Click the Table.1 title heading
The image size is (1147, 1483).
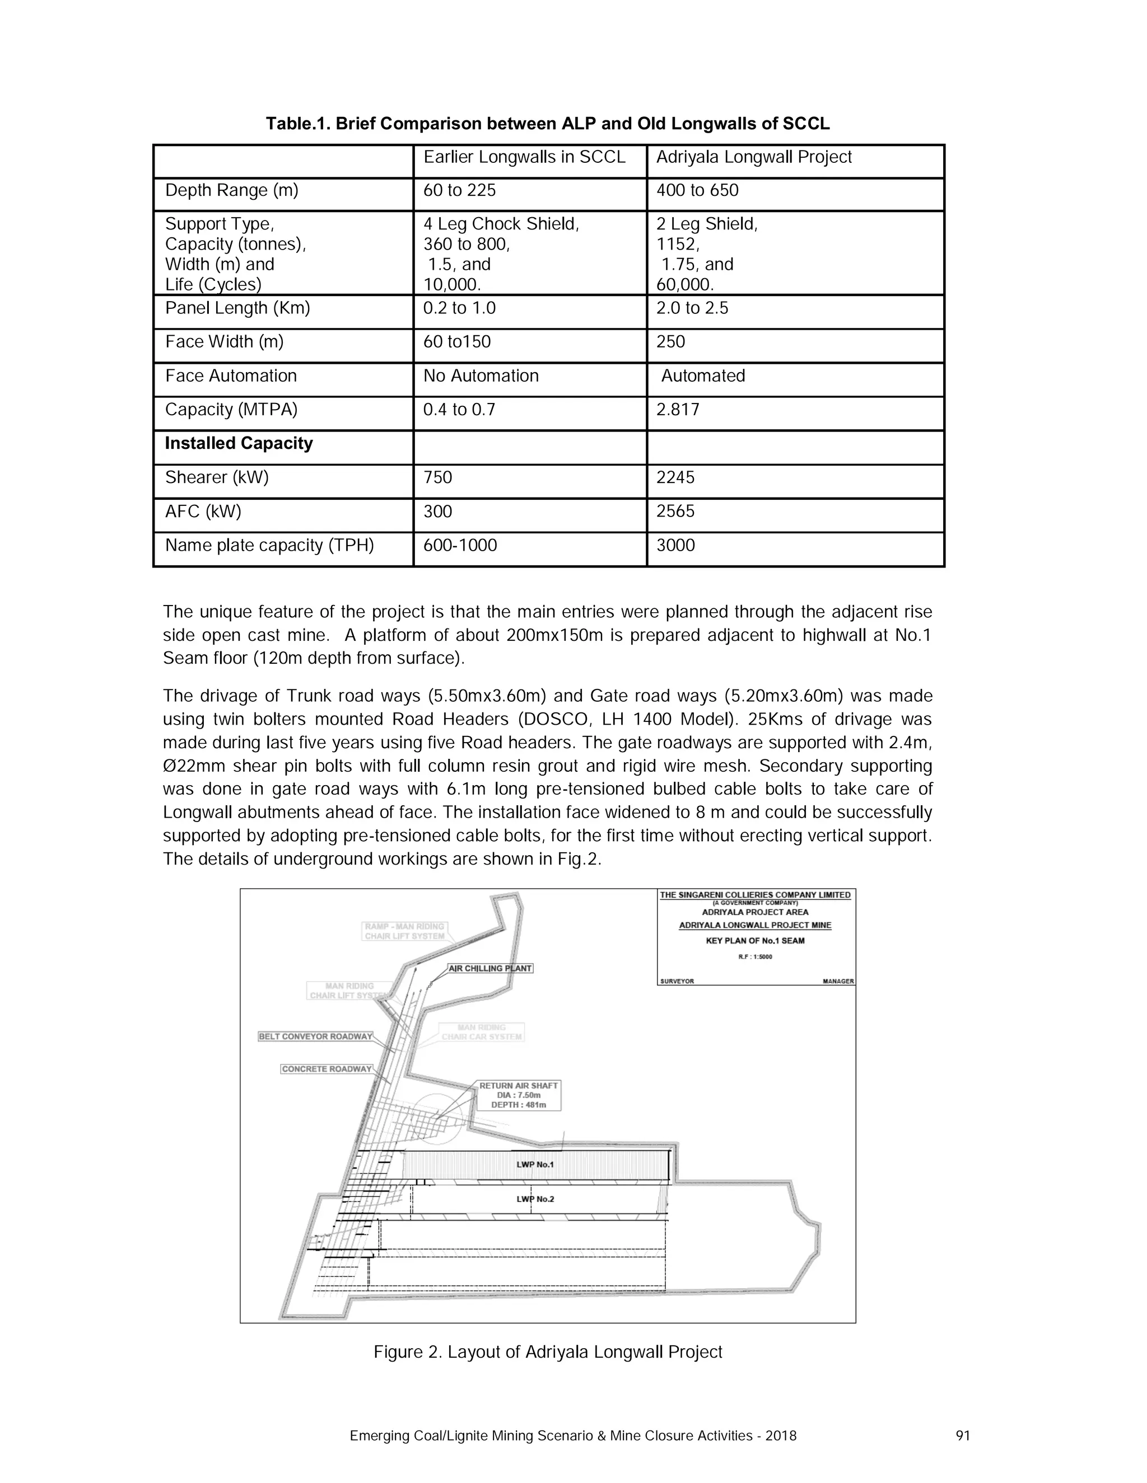pos(547,124)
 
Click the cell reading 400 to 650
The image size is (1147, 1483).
pos(697,190)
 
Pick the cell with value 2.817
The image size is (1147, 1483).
pos(678,410)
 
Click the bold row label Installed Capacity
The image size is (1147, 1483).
pos(239,443)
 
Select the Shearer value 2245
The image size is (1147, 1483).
pos(675,477)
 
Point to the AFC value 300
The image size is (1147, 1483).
pos(437,511)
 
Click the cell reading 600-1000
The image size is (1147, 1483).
pos(460,545)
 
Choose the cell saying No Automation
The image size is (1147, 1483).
pos(481,376)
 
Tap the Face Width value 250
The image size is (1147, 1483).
pos(670,341)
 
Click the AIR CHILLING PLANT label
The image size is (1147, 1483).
pos(490,968)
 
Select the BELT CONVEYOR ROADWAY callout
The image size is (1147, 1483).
pos(315,1036)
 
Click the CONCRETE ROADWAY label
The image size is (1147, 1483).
pos(327,1069)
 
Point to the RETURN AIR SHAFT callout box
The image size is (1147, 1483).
pos(519,1095)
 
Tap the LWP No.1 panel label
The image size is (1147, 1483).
pos(535,1165)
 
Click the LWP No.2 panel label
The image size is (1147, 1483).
pos(535,1199)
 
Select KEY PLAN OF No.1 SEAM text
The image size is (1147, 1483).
pos(754,941)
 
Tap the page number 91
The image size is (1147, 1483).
pos(962,1435)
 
